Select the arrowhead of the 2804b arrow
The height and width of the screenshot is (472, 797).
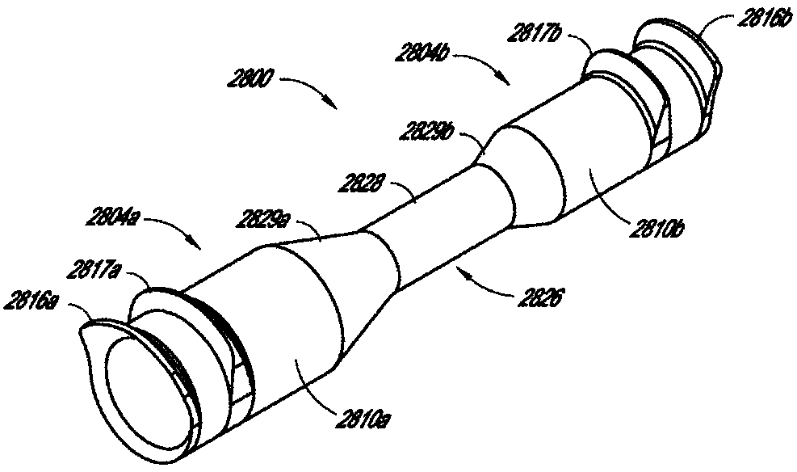(x=506, y=82)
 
